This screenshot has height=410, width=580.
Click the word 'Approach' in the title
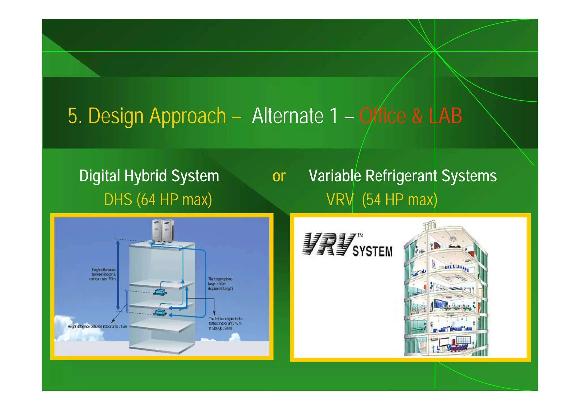click(x=187, y=116)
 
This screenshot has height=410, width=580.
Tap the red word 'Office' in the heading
click(x=383, y=116)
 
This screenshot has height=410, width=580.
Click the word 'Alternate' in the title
click(x=287, y=116)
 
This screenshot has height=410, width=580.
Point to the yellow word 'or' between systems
click(x=279, y=176)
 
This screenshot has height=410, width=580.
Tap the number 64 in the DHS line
click(x=148, y=199)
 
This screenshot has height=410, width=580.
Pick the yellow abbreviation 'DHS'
click(x=118, y=199)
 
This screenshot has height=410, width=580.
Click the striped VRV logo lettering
click(x=329, y=244)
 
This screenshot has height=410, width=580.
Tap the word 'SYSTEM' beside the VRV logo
click(x=372, y=251)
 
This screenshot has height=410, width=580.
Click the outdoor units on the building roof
click(x=163, y=230)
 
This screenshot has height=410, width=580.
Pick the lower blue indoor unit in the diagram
click(x=160, y=313)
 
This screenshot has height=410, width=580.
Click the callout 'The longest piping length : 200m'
click(x=220, y=284)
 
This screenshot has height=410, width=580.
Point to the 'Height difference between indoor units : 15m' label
click(x=97, y=326)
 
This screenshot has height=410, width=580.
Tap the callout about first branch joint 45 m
click(x=225, y=323)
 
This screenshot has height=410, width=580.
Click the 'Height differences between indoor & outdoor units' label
click(x=103, y=274)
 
